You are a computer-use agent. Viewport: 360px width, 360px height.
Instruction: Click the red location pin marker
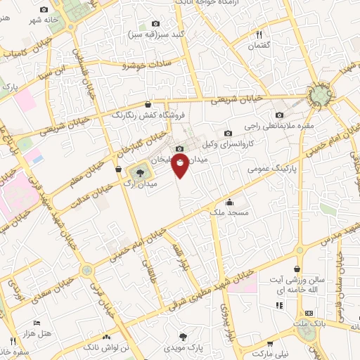click(x=181, y=167)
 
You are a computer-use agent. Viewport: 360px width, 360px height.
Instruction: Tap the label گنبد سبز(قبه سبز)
click(x=154, y=34)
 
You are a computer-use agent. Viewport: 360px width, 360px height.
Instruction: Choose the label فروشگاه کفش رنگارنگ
click(x=148, y=113)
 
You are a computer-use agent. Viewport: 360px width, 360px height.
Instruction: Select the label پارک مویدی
click(x=183, y=347)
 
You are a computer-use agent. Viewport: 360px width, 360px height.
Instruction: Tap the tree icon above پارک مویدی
click(x=184, y=336)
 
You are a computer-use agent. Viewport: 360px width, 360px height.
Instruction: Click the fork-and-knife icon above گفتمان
click(x=259, y=34)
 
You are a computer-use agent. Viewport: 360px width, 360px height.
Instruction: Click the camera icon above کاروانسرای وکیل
click(x=227, y=133)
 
